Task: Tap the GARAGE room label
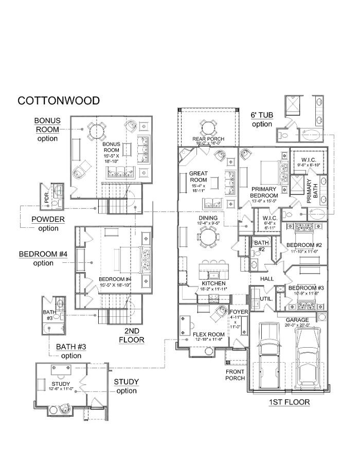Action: point(297,319)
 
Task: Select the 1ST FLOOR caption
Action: point(290,402)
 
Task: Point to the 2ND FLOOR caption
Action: point(131,335)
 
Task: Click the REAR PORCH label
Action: point(208,139)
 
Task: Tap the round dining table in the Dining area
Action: point(209,238)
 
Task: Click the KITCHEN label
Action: point(214,283)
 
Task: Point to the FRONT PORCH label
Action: point(235,374)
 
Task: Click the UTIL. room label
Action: point(266,298)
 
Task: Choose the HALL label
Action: point(267,278)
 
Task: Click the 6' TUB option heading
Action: point(262,119)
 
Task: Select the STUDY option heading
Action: point(126,386)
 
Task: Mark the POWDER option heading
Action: point(48,223)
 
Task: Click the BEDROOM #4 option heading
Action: point(43,258)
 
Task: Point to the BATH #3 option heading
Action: point(71,351)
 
